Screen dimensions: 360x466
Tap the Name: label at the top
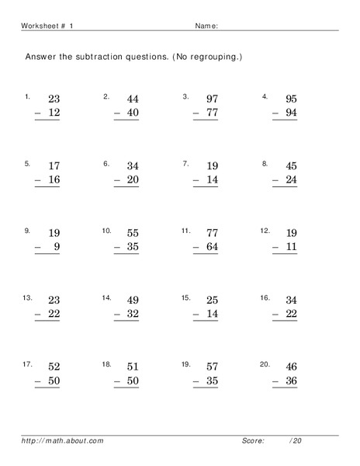pos(206,26)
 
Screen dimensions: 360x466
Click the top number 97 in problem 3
pos(212,99)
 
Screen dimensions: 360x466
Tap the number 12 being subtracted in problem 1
pos(54,113)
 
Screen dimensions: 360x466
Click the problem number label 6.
pos(106,164)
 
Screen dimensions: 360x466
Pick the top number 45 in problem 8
pos(291,165)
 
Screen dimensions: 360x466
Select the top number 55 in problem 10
pos(133,233)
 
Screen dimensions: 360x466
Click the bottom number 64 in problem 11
pos(212,247)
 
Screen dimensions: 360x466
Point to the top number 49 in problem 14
pos(133,300)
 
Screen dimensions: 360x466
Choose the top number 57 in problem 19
pos(212,367)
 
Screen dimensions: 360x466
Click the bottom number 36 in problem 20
pos(291,381)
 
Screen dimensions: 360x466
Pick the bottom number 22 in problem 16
pos(291,314)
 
